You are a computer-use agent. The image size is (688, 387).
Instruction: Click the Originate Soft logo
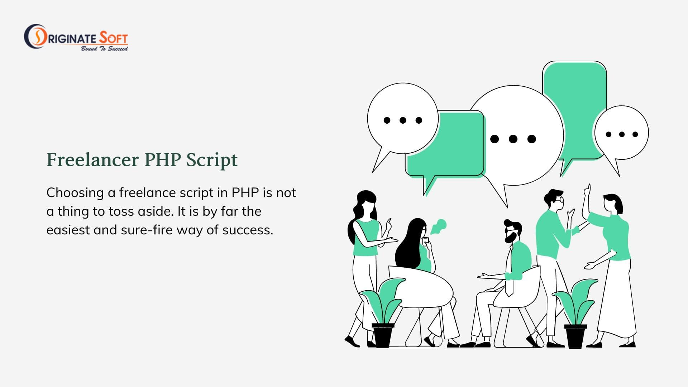pyautogui.click(x=76, y=37)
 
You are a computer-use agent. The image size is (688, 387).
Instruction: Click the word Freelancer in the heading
pyautogui.click(x=93, y=160)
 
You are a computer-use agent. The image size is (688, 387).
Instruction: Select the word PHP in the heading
pyautogui.click(x=162, y=160)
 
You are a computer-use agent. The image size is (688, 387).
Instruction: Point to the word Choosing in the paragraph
pyautogui.click(x=75, y=193)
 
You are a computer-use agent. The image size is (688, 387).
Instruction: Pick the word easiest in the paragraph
pyautogui.click(x=68, y=230)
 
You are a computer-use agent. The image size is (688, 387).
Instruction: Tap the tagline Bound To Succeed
pyautogui.click(x=104, y=48)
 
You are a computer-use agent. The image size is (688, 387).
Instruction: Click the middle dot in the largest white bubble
pyautogui.click(x=513, y=139)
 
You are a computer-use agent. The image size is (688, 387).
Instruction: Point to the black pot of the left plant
pyautogui.click(x=382, y=335)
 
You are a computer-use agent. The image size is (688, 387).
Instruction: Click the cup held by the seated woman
pyautogui.click(x=426, y=241)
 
